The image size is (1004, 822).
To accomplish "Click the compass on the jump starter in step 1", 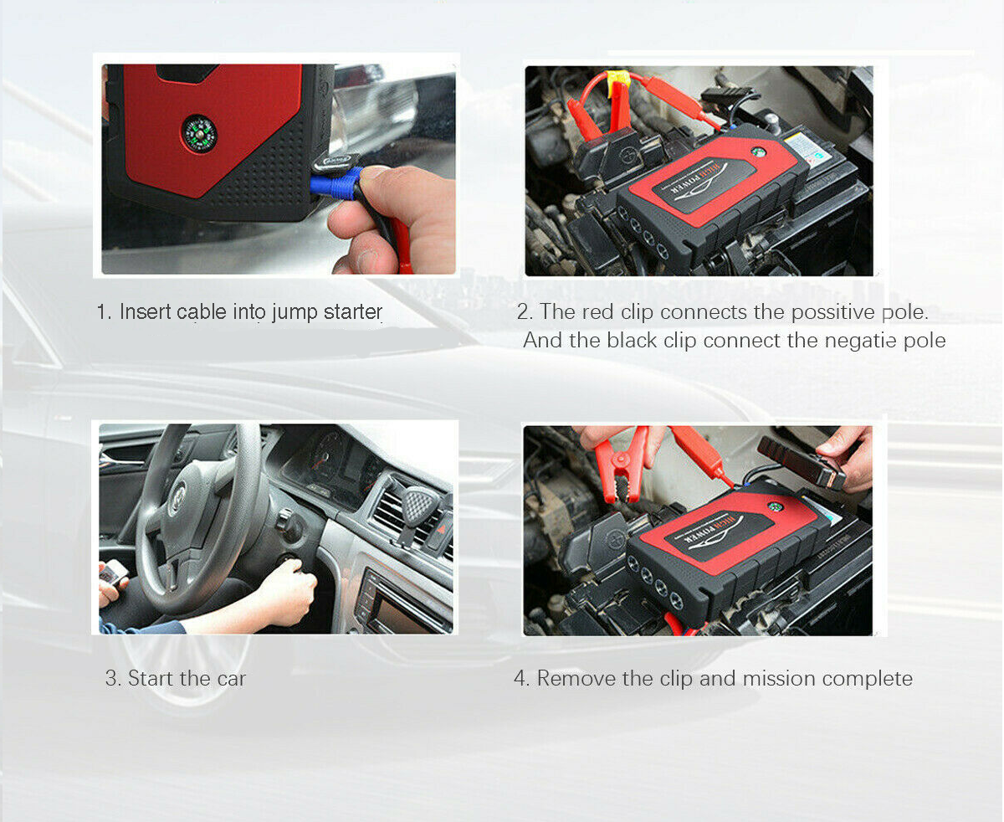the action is pyautogui.click(x=199, y=134).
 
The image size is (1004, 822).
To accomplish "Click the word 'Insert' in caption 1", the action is pyautogui.click(x=146, y=312).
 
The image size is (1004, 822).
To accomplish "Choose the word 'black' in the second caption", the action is pyautogui.click(x=632, y=341).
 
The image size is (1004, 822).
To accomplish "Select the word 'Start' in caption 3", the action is pyautogui.click(x=151, y=678).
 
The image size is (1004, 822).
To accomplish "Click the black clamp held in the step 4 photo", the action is pyautogui.click(x=801, y=462).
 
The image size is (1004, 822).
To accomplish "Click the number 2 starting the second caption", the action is pyautogui.click(x=522, y=312).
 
